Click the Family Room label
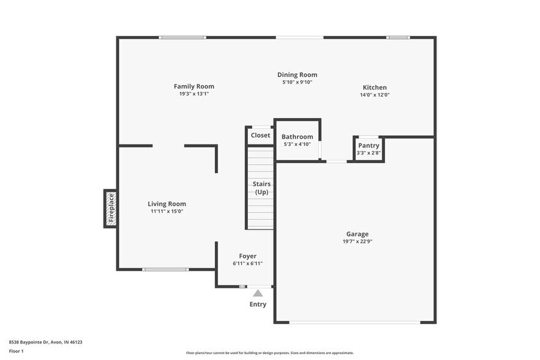pyautogui.click(x=193, y=86)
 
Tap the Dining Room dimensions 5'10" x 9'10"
pyautogui.click(x=297, y=82)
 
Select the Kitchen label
pyautogui.click(x=375, y=88)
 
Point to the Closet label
pyautogui.click(x=260, y=135)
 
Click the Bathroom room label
pyautogui.click(x=297, y=137)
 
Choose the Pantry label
pyautogui.click(x=369, y=145)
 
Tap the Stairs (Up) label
pyautogui.click(x=262, y=188)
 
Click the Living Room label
pyautogui.click(x=167, y=204)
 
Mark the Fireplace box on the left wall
pyautogui.click(x=111, y=208)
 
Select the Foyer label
pyautogui.click(x=247, y=256)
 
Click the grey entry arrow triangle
pyautogui.click(x=258, y=293)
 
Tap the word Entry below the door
pyautogui.click(x=258, y=304)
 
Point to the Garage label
pyautogui.click(x=357, y=234)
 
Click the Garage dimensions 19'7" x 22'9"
pyautogui.click(x=357, y=242)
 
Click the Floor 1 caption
pyautogui.click(x=16, y=351)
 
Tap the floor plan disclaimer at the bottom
pyautogui.click(x=269, y=353)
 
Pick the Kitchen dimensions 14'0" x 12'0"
pyautogui.click(x=375, y=95)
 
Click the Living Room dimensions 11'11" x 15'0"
pyautogui.click(x=167, y=211)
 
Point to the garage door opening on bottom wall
pyautogui.click(x=354, y=322)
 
